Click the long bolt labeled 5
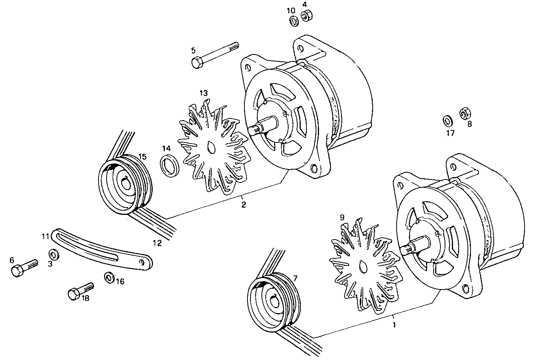(x=215, y=55)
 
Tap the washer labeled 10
(x=293, y=21)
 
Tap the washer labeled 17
(x=448, y=120)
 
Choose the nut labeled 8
(x=465, y=114)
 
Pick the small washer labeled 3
(x=54, y=254)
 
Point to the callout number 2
(x=244, y=205)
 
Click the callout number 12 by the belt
(x=157, y=243)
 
